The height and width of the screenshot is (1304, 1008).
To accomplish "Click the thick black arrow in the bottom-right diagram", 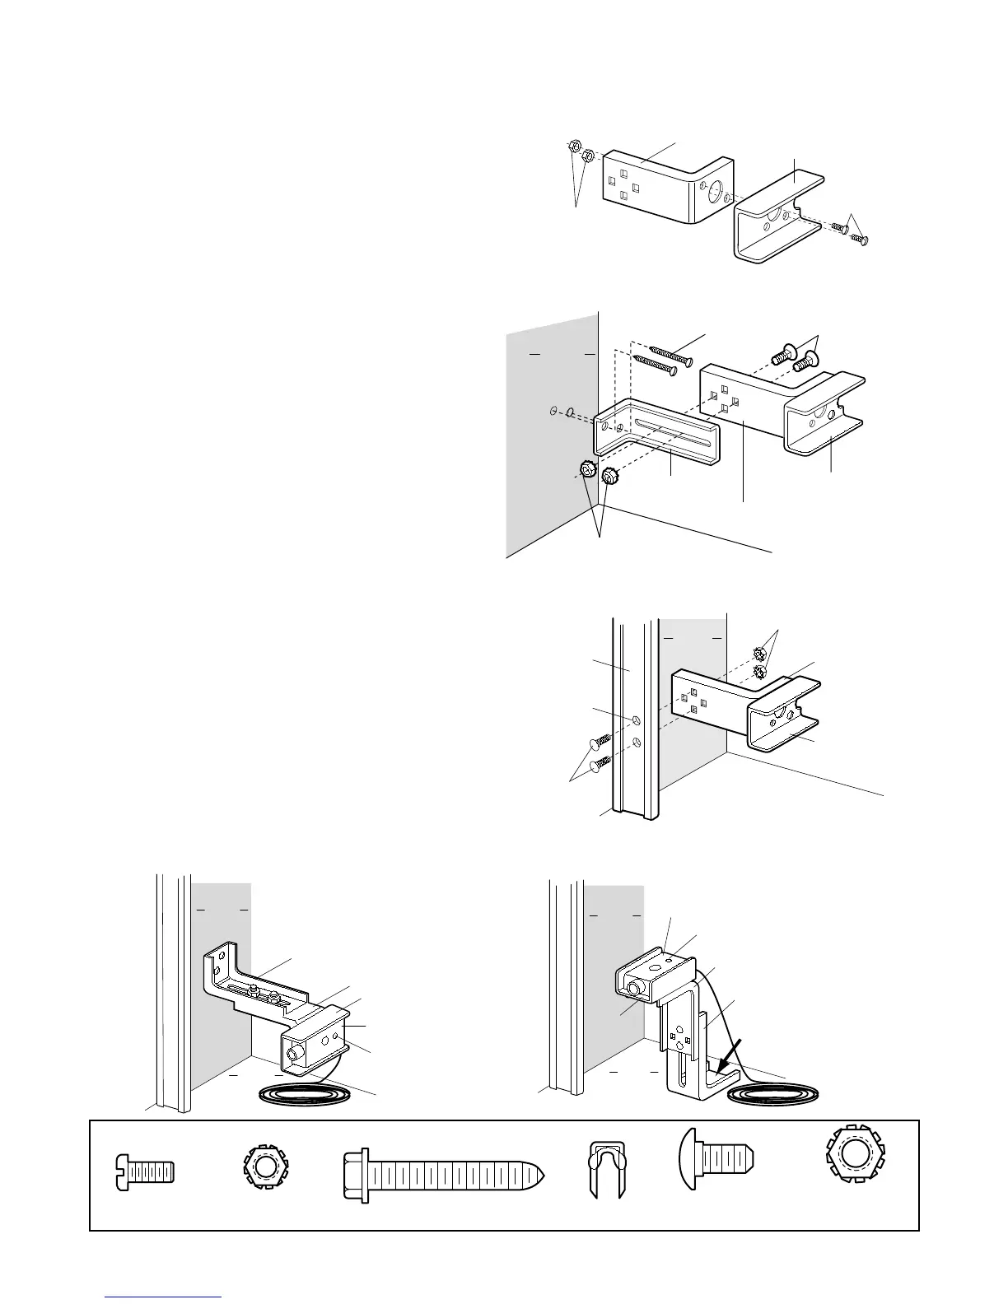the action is (729, 1057).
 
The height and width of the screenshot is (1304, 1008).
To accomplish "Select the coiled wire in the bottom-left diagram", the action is (306, 1093).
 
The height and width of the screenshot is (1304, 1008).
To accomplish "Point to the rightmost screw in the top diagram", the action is (862, 239).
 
